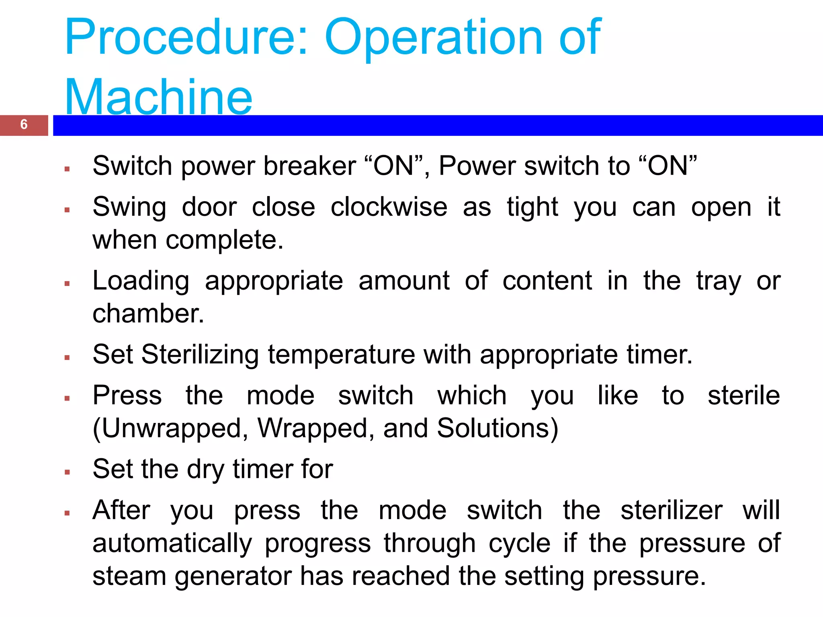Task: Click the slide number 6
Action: click(x=24, y=125)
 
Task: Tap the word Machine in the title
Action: click(x=158, y=98)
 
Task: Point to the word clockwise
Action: click(x=389, y=208)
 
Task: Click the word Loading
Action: click(x=141, y=281)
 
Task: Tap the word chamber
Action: click(x=148, y=314)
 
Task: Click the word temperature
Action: click(x=341, y=355)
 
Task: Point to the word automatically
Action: click(x=172, y=543)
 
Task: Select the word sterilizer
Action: click(x=671, y=511)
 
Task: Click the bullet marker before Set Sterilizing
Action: click(x=67, y=358)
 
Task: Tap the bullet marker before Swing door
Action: click(x=67, y=210)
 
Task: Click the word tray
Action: click(x=719, y=281)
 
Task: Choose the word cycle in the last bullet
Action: click(x=519, y=543)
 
